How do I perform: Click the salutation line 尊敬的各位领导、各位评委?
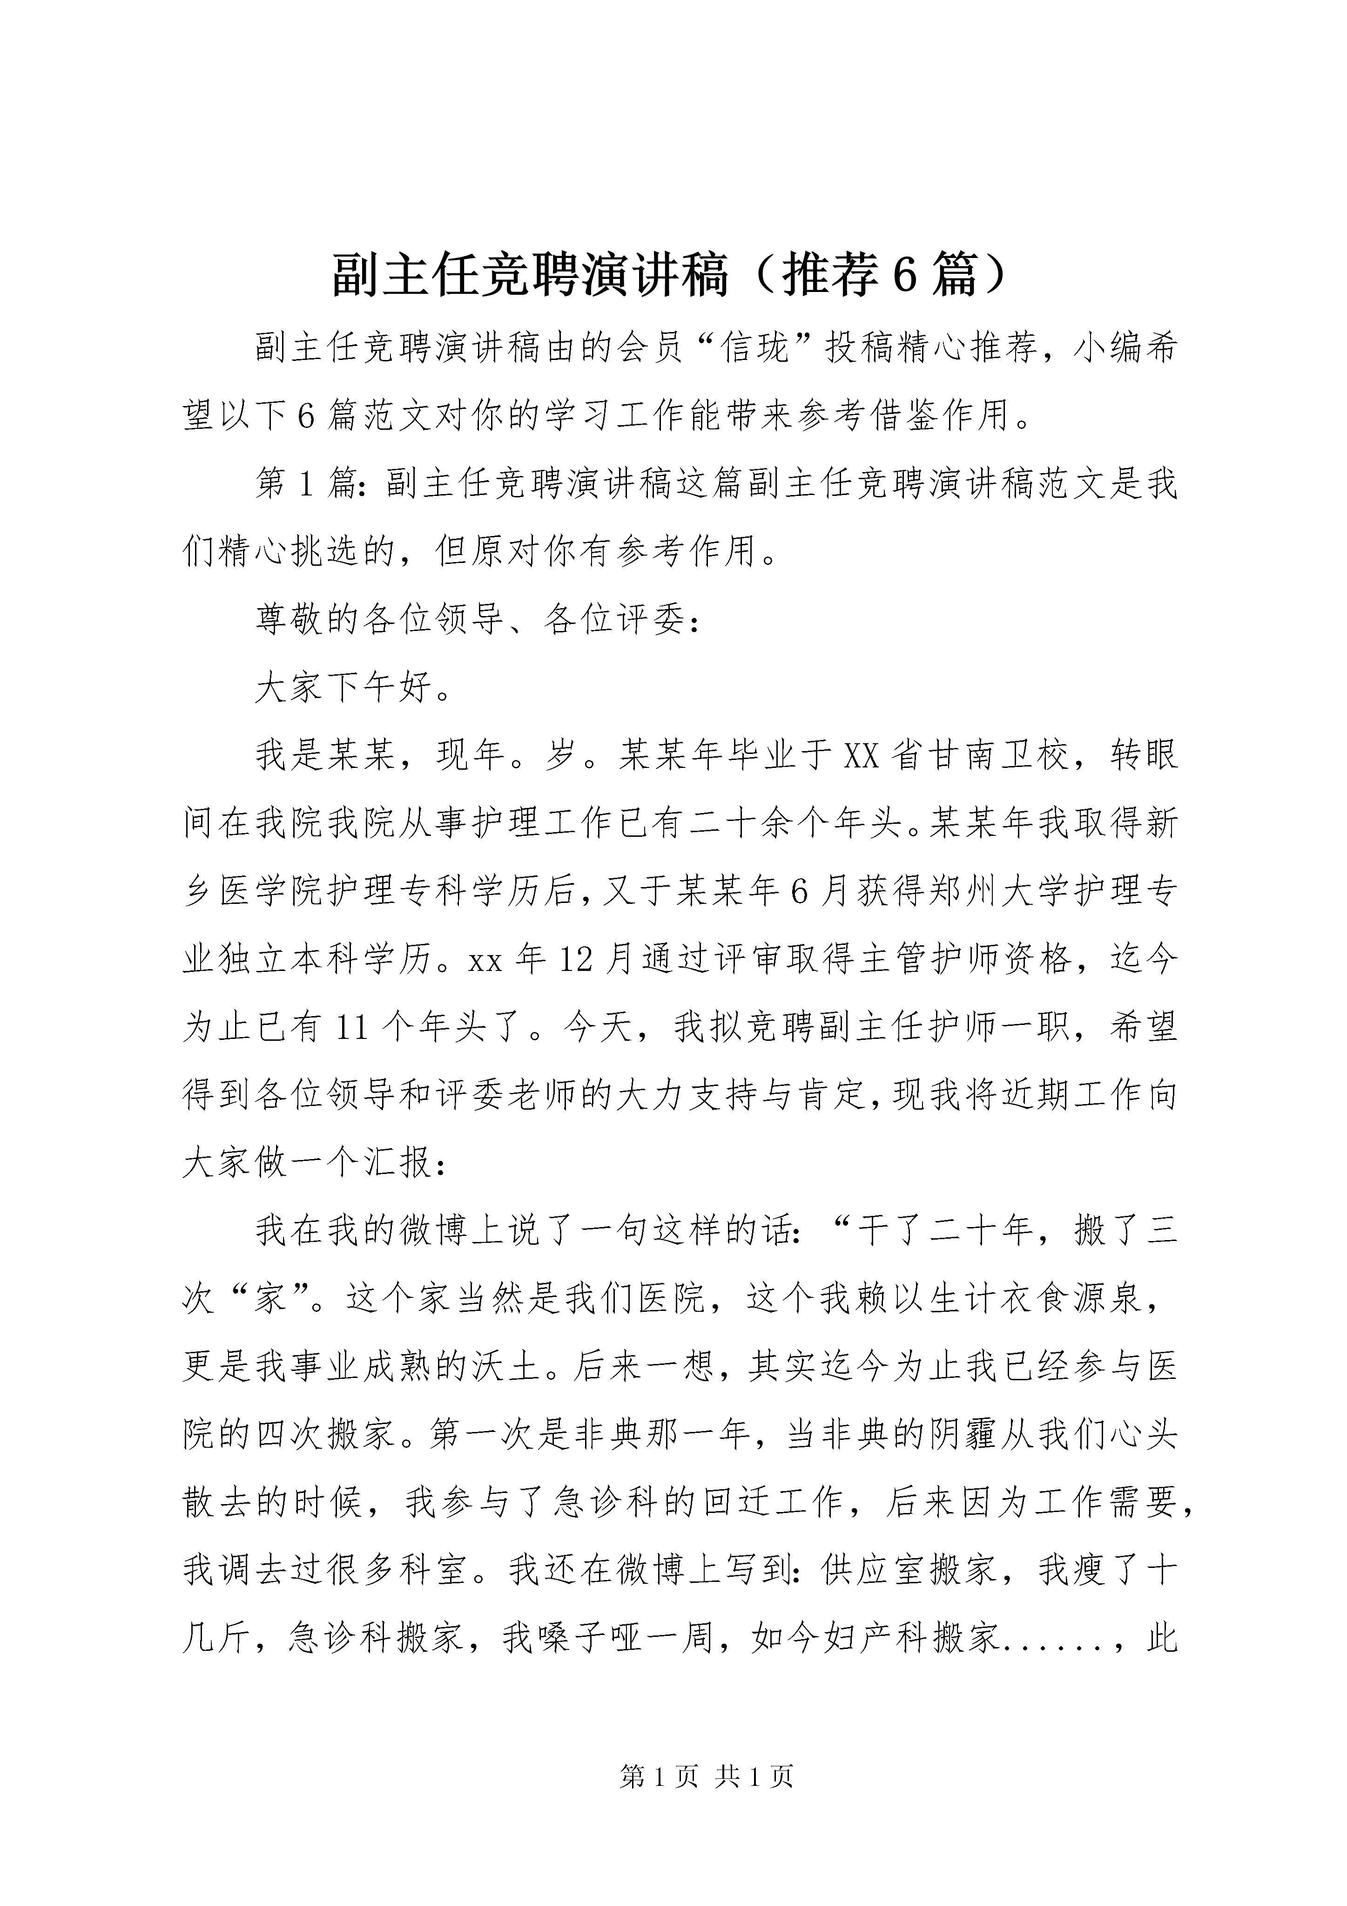click(477, 620)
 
